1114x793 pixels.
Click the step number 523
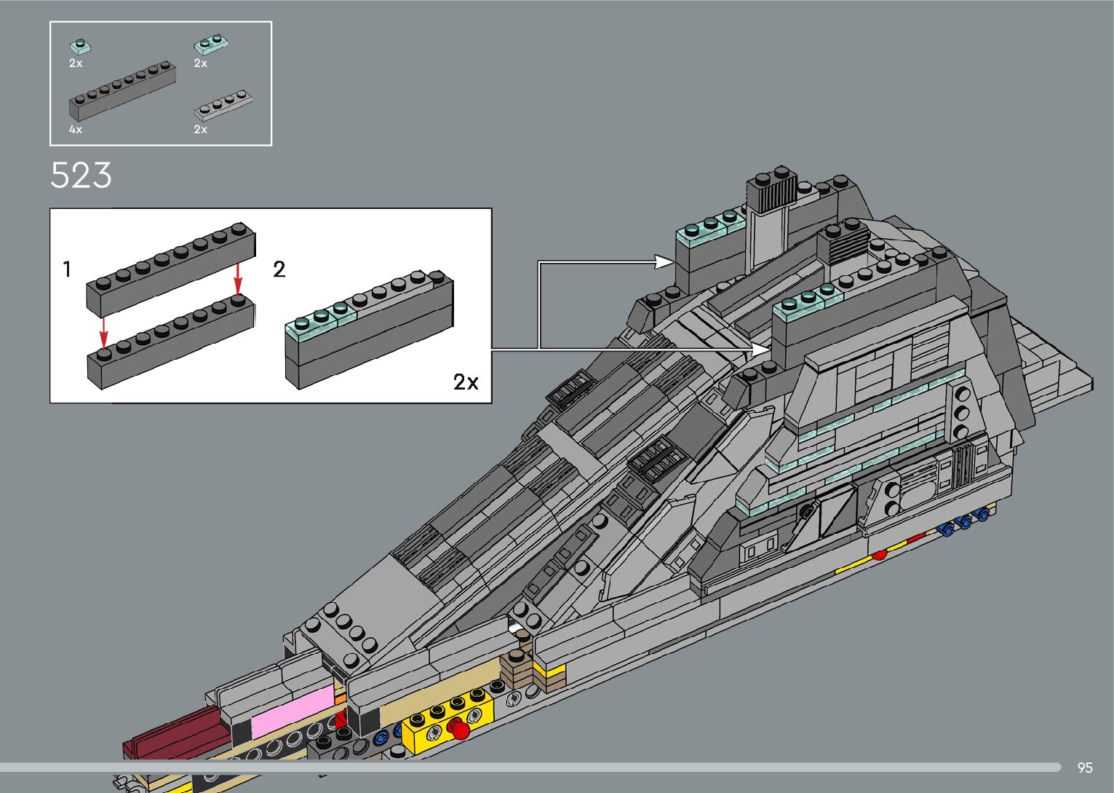(81, 175)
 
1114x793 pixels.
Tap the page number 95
(1085, 768)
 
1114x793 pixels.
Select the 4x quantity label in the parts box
(76, 130)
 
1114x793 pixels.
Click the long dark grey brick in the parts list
(122, 90)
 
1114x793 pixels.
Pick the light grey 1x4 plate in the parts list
(223, 106)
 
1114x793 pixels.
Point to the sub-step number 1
(67, 269)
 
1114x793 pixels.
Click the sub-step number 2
(279, 269)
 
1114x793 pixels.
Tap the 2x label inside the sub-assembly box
(466, 382)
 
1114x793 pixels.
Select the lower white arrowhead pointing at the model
(761, 350)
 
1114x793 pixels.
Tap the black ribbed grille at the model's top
(773, 194)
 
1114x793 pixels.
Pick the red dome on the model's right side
(879, 555)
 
